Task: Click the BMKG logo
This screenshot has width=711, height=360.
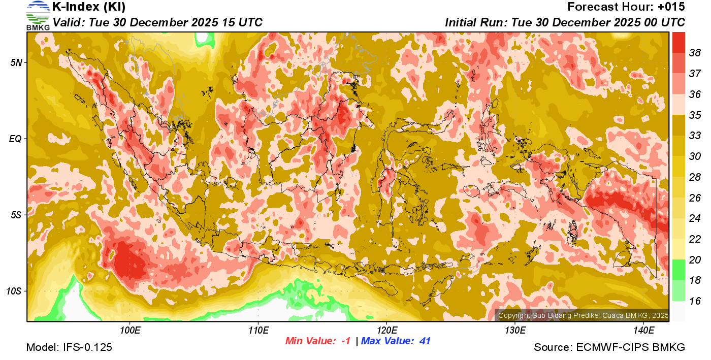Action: (x=38, y=15)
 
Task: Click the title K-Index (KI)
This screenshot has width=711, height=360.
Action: (x=89, y=7)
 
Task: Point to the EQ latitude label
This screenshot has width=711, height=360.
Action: (x=16, y=139)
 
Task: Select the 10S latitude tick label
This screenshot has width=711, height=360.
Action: (x=14, y=291)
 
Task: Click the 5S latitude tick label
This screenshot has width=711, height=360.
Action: (x=16, y=215)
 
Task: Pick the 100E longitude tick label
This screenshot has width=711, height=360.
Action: (x=130, y=331)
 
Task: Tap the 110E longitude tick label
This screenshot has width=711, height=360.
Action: (x=258, y=331)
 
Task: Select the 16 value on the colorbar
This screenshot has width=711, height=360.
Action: (x=695, y=301)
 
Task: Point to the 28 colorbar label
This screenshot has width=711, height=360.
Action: (x=695, y=177)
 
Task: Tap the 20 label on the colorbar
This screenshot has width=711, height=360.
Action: (x=695, y=260)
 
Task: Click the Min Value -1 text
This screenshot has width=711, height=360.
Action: (x=318, y=341)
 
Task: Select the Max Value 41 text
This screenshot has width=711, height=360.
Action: (x=396, y=341)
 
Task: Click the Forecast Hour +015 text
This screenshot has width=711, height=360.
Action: (x=626, y=7)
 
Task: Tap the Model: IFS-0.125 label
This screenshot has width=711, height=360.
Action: (x=69, y=347)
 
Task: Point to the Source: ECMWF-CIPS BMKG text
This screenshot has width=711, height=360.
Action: (x=609, y=347)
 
